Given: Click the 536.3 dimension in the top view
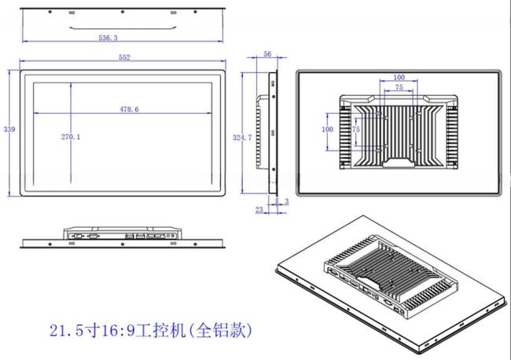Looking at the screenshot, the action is tap(108, 38).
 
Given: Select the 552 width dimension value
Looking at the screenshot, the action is tap(124, 57).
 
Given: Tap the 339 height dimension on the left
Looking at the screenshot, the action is tap(9, 130).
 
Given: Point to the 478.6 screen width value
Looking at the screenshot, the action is tap(130, 109).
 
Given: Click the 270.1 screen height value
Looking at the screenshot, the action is tap(71, 137).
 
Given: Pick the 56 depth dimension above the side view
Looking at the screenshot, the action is tap(267, 54).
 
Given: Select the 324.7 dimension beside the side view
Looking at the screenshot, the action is tap(242, 138).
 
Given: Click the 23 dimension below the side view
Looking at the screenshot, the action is tap(259, 210).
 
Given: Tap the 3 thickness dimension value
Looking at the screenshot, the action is tap(287, 202).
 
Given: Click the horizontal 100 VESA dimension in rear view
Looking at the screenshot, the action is tap(399, 78).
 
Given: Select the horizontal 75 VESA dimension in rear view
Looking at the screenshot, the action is tap(399, 87).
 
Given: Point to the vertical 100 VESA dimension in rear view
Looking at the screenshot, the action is tap(328, 130).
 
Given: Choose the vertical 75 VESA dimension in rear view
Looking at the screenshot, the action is tap(356, 130).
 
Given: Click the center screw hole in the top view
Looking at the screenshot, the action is tap(122, 12).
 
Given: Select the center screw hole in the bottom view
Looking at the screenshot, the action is tap(122, 244).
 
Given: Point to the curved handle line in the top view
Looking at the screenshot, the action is tap(123, 28).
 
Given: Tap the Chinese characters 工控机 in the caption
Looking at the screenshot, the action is tap(160, 331).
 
